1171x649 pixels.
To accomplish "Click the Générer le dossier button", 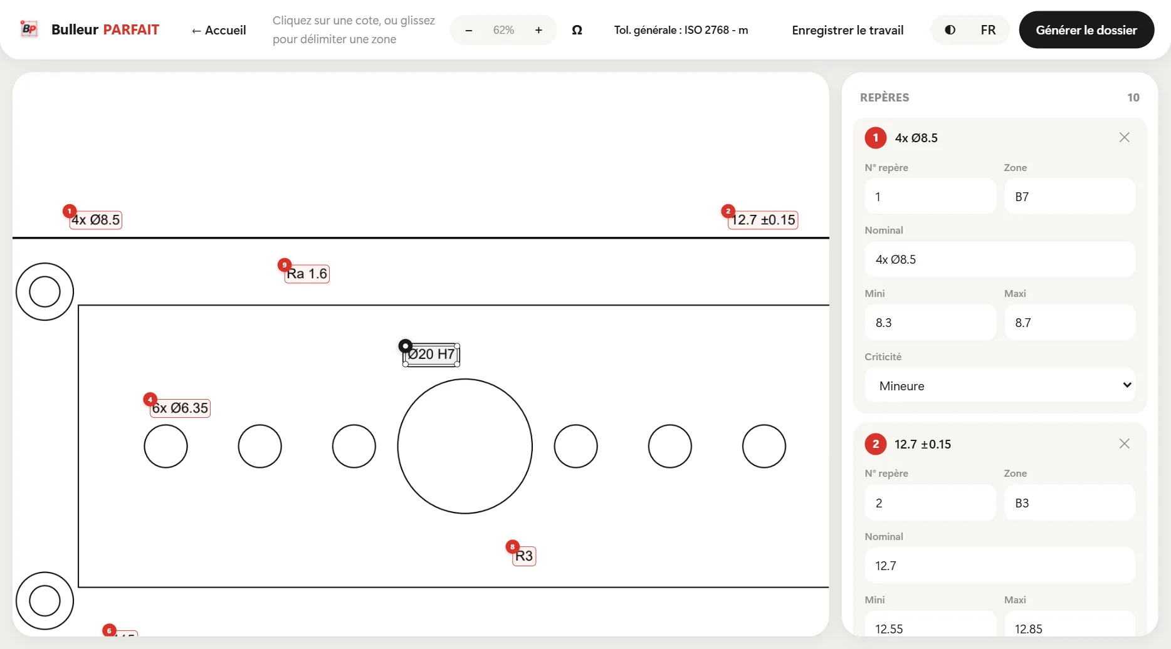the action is pos(1086,29).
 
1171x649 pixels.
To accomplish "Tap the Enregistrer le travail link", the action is pos(848,30).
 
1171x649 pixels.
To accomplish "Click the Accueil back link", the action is pos(219,30).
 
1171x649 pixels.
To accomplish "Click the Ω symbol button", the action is pos(577,30).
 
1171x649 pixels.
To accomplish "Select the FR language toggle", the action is pos(988,30).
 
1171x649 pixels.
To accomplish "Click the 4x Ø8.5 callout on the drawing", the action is pos(95,220).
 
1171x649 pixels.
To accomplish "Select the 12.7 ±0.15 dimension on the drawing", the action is pos(763,220).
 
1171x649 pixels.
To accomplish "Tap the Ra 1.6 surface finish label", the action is pos(307,274).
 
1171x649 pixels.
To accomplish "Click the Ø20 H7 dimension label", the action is pos(431,355).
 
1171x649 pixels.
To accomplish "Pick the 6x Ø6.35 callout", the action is pos(181,408).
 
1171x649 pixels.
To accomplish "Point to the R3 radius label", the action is pos(524,556).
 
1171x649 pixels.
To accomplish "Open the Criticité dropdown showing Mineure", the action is pos(1000,385).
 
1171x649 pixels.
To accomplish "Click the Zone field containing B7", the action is pos(1069,197).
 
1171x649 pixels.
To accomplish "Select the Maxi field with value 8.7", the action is pos(1069,323).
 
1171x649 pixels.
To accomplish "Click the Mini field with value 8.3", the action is pos(930,323).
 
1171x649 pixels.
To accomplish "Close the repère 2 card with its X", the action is pos(1125,444).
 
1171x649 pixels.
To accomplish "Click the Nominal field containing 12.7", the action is pos(1000,566).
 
